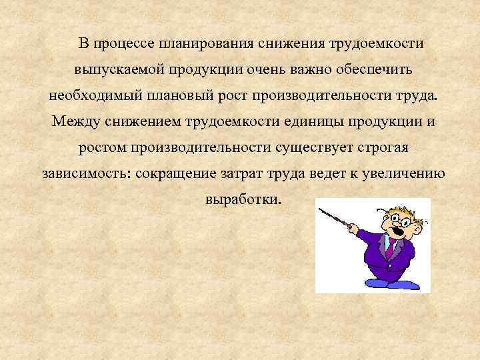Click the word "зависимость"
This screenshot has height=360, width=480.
(85, 173)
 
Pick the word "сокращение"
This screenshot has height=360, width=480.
(175, 173)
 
